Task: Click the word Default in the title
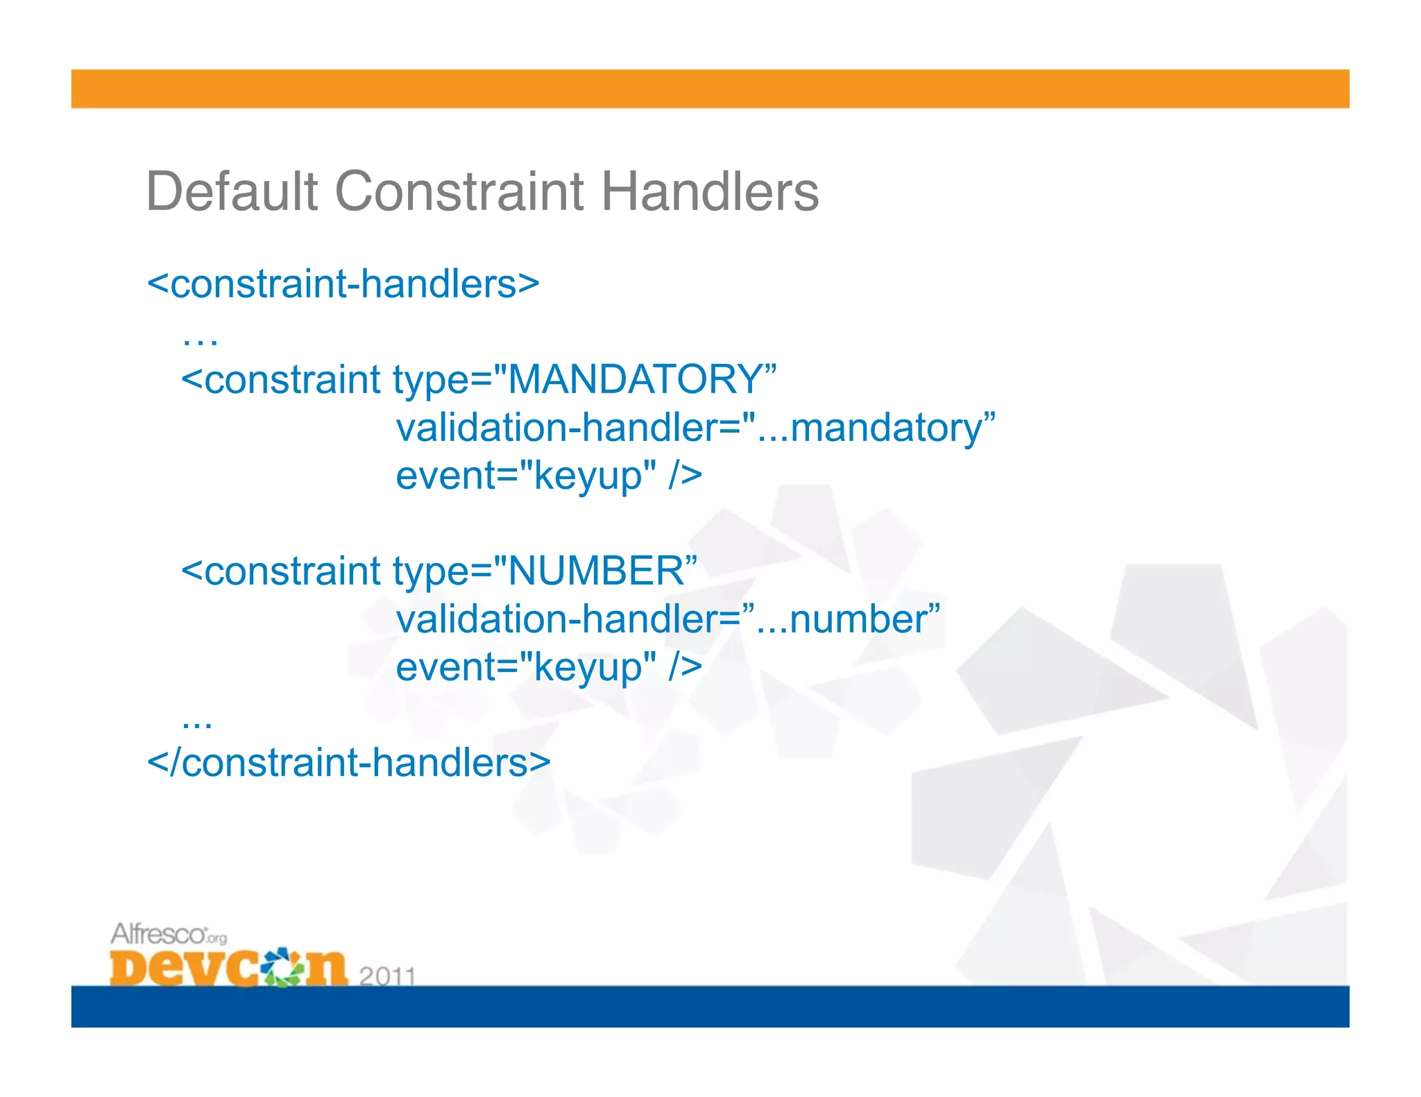click(232, 191)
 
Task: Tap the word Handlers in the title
click(709, 191)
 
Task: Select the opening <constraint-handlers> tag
click(343, 284)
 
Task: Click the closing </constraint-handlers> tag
click(349, 763)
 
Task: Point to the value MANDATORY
click(636, 379)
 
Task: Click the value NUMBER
click(597, 571)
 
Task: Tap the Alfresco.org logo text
click(168, 934)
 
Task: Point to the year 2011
click(387, 976)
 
